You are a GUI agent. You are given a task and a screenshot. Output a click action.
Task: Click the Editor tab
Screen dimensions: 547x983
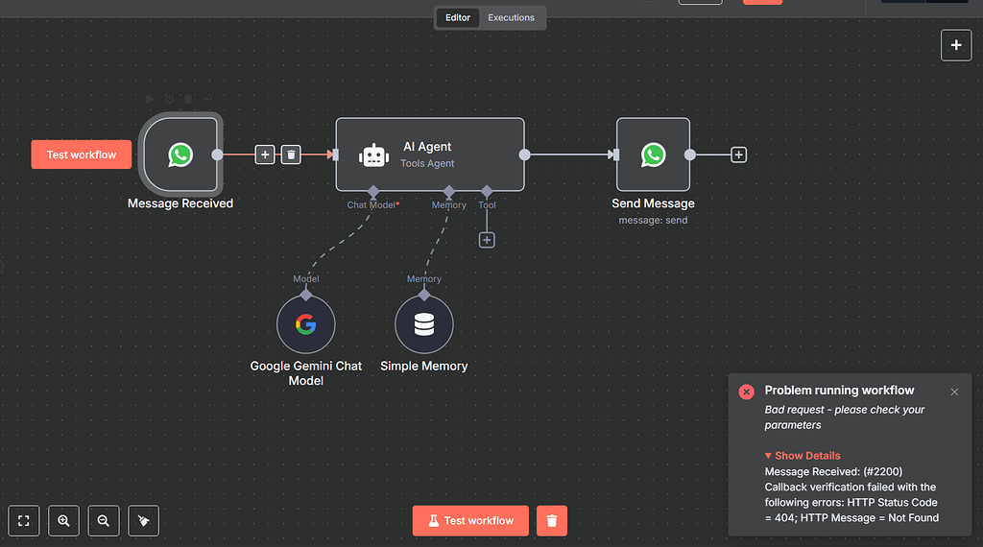[x=458, y=17]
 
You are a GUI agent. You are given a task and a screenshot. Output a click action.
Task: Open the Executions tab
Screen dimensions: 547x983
[x=511, y=17]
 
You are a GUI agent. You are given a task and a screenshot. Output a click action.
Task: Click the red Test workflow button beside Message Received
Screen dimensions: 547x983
[x=82, y=155]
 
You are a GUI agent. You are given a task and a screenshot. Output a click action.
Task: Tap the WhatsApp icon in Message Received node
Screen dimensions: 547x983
[x=180, y=155]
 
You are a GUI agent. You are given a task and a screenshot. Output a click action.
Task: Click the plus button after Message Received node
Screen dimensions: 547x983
[x=265, y=155]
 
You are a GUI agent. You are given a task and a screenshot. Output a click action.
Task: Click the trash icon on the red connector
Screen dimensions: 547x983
[x=292, y=155]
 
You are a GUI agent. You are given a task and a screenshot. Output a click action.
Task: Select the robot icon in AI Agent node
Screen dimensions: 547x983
[x=373, y=155]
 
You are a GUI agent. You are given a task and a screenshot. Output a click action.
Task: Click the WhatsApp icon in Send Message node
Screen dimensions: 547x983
[x=653, y=155]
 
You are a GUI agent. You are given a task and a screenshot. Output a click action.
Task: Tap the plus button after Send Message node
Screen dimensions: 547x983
[x=738, y=155]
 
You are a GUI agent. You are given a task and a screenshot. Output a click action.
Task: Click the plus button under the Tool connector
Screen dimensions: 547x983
[x=487, y=240]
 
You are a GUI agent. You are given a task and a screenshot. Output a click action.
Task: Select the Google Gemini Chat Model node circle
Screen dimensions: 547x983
[x=305, y=324]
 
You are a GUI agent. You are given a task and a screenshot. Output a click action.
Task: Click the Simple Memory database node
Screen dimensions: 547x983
[x=423, y=324]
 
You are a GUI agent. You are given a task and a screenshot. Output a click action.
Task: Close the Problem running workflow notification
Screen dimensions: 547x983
[x=954, y=392]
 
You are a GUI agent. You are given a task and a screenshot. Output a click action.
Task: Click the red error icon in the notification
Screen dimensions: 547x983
[x=746, y=392]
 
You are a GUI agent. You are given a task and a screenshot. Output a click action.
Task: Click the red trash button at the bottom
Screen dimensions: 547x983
[x=552, y=520]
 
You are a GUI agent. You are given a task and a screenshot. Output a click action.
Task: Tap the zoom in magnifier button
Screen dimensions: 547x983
[x=63, y=520]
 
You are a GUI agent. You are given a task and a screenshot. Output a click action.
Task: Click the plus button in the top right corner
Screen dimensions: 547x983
[x=956, y=45]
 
